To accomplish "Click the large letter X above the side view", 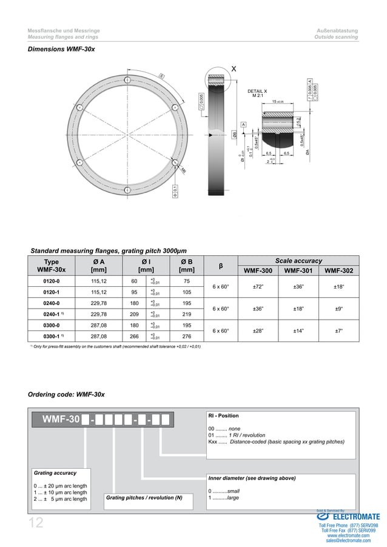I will pos(234,69).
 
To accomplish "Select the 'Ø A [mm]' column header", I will pos(98,265).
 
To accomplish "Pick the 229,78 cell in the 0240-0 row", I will pos(98,303).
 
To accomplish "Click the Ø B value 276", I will pos(187,336).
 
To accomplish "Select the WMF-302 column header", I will pos(339,270).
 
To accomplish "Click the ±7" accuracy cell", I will pos(339,331).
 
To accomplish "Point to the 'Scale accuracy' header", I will pos(298,261).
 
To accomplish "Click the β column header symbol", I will pos(221,266).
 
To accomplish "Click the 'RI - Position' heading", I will pos(223,416).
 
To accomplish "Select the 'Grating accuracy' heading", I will pos(55,472).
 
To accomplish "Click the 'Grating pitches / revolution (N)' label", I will pos(144,498).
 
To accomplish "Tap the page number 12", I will pos(36,523).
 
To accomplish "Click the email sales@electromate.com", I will pos(349,540).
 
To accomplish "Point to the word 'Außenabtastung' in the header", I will pos(337,30).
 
